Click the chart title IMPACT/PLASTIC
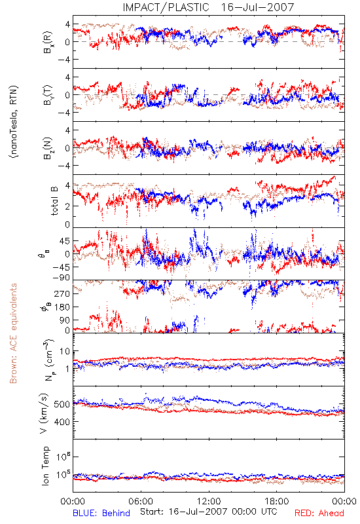[166, 7]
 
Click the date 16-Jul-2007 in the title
[257, 7]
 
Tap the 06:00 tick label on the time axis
[141, 501]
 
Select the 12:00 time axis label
[209, 501]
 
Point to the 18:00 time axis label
[277, 501]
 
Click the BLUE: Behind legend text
[101, 513]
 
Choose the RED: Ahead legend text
[319, 513]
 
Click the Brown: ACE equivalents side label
[13, 333]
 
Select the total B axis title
[54, 200]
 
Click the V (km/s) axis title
[44, 413]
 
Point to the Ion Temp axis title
[45, 466]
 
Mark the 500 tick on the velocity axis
[62, 404]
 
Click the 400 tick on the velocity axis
[62, 422]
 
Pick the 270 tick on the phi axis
[62, 293]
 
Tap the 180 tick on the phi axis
[62, 307]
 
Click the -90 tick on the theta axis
[61, 278]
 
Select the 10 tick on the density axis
[65, 352]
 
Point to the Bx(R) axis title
[48, 42]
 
